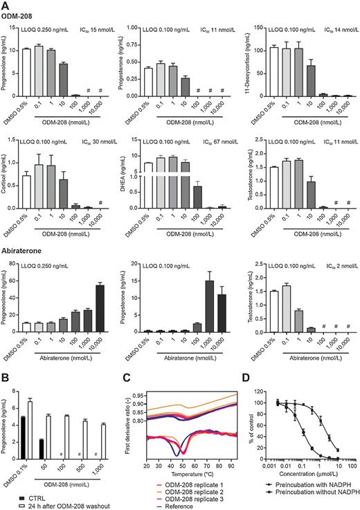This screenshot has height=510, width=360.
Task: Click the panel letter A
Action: (x=6, y=6)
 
